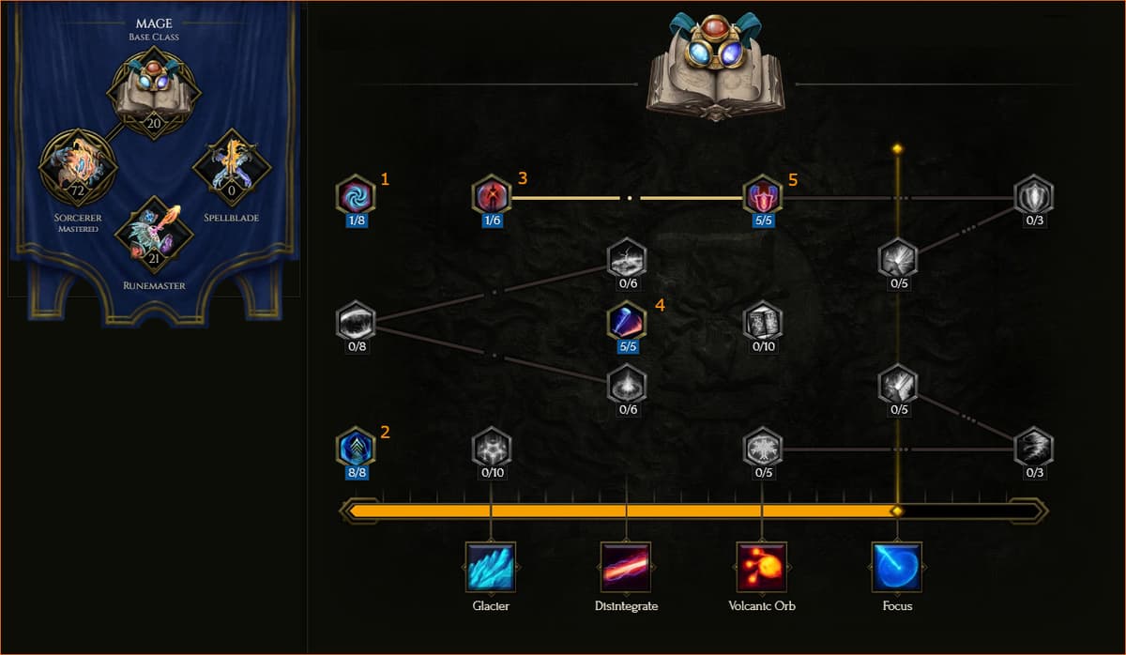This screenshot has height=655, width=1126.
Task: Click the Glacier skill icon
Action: pyautogui.click(x=491, y=567)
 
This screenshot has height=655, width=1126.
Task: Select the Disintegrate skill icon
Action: pyautogui.click(x=626, y=567)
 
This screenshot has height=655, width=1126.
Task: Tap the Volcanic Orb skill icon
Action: pyautogui.click(x=762, y=567)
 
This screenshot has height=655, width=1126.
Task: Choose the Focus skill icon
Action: pyautogui.click(x=897, y=567)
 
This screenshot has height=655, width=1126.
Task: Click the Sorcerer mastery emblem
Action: pyautogui.click(x=78, y=167)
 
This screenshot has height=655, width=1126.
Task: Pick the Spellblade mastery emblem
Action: pyautogui.click(x=232, y=167)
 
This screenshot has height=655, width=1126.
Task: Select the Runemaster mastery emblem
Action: pyautogui.click(x=154, y=236)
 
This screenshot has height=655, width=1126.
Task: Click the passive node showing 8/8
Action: pyautogui.click(x=356, y=447)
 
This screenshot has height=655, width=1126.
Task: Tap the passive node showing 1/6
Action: pyautogui.click(x=492, y=194)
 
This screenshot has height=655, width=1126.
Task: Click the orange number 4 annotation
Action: pyautogui.click(x=660, y=305)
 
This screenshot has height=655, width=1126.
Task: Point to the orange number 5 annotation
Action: pyautogui.click(x=793, y=179)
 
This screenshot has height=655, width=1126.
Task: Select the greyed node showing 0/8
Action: pyautogui.click(x=356, y=321)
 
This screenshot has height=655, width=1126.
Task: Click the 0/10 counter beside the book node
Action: pyautogui.click(x=763, y=346)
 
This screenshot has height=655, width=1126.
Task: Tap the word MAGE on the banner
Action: pyautogui.click(x=154, y=23)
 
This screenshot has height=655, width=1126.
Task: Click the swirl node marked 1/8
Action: pyautogui.click(x=356, y=194)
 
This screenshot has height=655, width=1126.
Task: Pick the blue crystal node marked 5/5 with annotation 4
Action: pyautogui.click(x=627, y=321)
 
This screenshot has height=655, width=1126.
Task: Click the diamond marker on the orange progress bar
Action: pyautogui.click(x=897, y=511)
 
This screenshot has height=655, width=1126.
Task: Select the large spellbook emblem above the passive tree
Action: pyautogui.click(x=716, y=67)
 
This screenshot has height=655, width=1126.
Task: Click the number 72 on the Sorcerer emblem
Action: pyautogui.click(x=77, y=190)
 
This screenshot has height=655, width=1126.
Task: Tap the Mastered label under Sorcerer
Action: pyautogui.click(x=79, y=229)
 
